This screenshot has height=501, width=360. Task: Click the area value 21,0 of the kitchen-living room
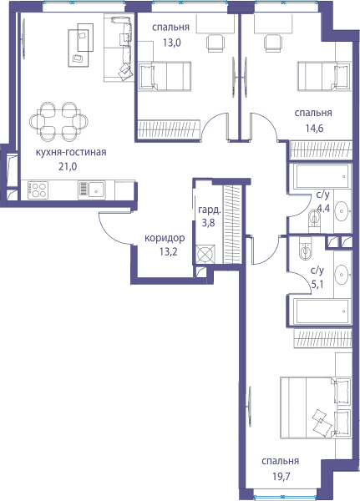(68, 166)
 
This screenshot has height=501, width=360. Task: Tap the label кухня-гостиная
(71, 152)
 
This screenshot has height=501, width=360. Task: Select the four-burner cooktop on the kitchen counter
(38, 190)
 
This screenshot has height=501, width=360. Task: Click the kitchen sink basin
(96, 190)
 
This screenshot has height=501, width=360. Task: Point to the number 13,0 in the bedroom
(172, 43)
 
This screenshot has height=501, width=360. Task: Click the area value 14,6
(314, 128)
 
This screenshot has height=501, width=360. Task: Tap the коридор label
(165, 238)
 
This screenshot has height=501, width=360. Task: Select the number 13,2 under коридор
(169, 252)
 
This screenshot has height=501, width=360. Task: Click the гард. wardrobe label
(210, 210)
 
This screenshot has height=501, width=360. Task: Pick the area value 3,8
(208, 223)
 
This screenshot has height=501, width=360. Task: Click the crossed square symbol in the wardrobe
(205, 255)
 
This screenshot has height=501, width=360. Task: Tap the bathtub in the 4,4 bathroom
(320, 176)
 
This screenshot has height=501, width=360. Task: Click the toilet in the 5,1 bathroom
(306, 249)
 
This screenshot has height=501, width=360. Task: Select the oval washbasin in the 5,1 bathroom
(342, 274)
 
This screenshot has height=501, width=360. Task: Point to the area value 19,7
(281, 477)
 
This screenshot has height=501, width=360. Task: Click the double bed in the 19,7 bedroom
(316, 407)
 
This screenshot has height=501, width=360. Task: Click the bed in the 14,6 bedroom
(323, 76)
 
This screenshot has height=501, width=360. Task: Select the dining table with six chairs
(58, 122)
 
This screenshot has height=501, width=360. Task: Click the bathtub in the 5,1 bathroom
(320, 311)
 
